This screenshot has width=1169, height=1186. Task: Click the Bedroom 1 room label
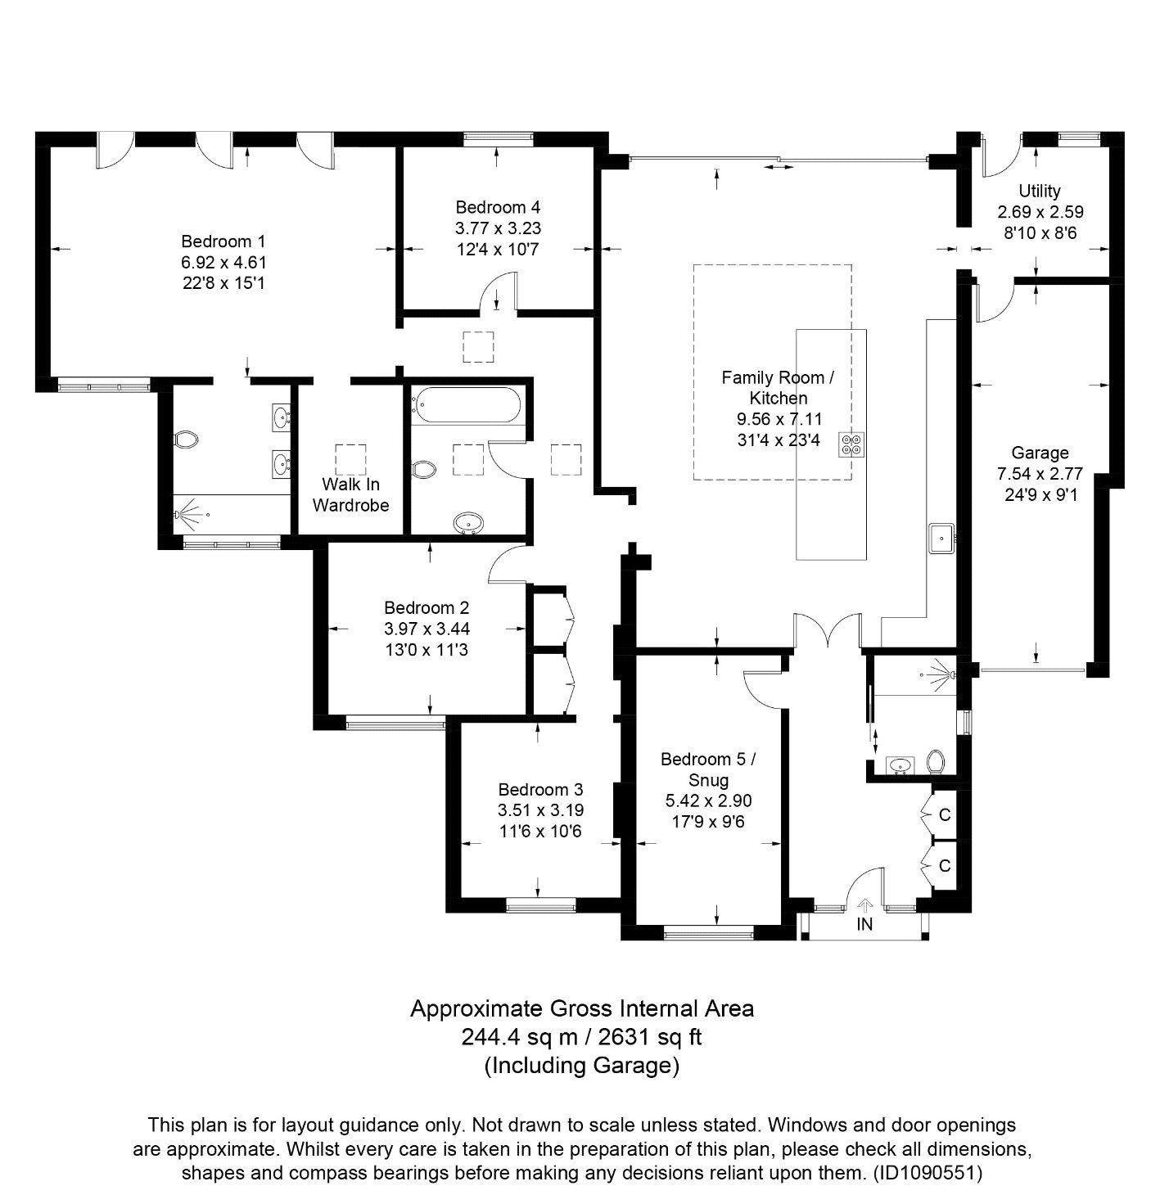point(223,241)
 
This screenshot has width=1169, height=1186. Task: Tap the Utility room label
point(1040,191)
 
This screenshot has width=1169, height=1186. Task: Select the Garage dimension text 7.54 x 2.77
point(1040,474)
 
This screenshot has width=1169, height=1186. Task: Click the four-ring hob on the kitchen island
point(851,444)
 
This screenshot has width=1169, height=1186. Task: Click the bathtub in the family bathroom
point(467,403)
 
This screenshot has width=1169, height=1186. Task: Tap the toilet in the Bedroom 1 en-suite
point(187,440)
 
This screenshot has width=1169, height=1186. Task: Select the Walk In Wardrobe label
point(350,494)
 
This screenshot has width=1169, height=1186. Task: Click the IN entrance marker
point(864,925)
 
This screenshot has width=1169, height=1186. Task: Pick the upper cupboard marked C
point(944,815)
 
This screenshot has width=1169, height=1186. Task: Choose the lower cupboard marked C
point(944,865)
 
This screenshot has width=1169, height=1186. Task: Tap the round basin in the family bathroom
point(468,521)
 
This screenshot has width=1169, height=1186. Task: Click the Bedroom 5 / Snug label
point(708,769)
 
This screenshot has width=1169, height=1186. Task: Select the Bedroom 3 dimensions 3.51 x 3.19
point(540,810)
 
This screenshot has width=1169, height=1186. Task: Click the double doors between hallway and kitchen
point(828,631)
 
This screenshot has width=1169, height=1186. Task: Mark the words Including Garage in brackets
point(582,1066)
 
